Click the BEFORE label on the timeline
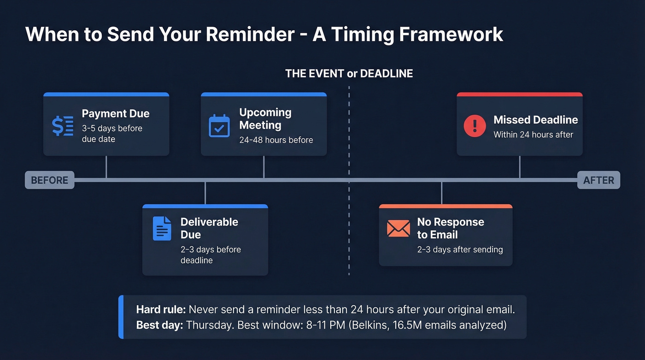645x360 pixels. coord(49,180)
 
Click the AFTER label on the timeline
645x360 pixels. coord(598,180)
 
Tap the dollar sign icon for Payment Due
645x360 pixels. coord(62,126)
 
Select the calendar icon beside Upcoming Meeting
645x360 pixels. coord(219,125)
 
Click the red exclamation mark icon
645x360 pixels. coord(475,125)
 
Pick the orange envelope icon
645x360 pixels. coord(399,228)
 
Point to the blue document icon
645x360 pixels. coord(162,228)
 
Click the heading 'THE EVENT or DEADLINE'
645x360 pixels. coord(349,73)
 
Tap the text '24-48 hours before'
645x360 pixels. coord(276,140)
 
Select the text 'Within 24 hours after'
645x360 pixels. coord(533,135)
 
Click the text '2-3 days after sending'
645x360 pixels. coord(460,249)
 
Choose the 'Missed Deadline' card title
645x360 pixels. coord(535,120)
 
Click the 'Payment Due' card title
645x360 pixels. coord(116,114)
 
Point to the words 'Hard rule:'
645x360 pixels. coord(161,309)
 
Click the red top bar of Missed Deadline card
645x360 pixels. coord(519,94)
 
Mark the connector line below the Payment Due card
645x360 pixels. coord(106,167)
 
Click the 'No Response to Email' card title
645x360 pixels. coord(450,228)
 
